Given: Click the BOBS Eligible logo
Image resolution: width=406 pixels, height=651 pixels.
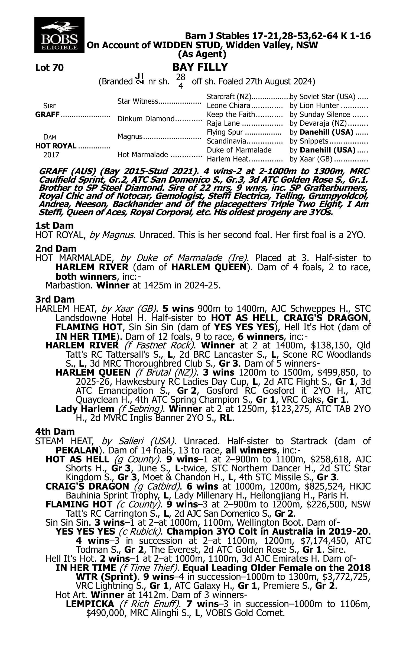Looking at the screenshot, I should (x=59, y=35).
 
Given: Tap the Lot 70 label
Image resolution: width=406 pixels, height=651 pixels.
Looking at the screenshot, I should (x=50, y=68).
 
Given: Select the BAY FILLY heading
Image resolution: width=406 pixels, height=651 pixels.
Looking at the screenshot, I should (x=200, y=67).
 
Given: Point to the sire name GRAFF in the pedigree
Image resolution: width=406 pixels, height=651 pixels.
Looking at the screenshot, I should (x=47, y=115).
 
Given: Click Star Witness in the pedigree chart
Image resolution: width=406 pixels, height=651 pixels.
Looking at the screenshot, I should (x=138, y=101).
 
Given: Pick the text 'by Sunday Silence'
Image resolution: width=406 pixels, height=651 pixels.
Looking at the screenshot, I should (x=320, y=115).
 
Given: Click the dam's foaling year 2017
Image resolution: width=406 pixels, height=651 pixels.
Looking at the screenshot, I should (x=51, y=155).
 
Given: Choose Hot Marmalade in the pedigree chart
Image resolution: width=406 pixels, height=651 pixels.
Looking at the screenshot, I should (x=143, y=155).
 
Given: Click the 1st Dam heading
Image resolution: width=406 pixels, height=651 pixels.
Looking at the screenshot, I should (x=54, y=226).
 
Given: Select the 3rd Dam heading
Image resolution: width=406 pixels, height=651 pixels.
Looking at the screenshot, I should (x=55, y=299).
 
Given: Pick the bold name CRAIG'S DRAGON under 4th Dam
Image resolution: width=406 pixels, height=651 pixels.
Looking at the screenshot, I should (x=87, y=486).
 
